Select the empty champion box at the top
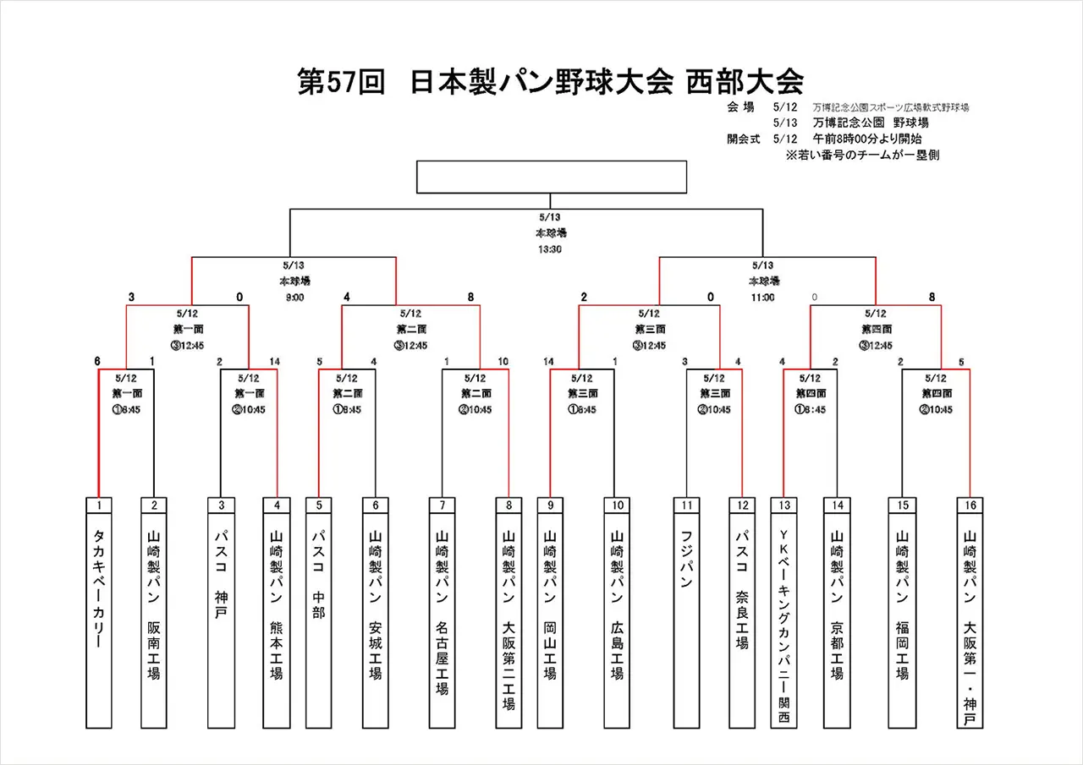(551, 177)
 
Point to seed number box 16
(970, 505)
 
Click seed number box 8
(509, 505)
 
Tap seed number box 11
(686, 505)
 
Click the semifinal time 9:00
(294, 298)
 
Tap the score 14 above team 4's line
(274, 362)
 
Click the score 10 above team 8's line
(504, 362)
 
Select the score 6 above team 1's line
(97, 362)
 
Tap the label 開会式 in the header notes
(744, 139)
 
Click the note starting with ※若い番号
(862, 155)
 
